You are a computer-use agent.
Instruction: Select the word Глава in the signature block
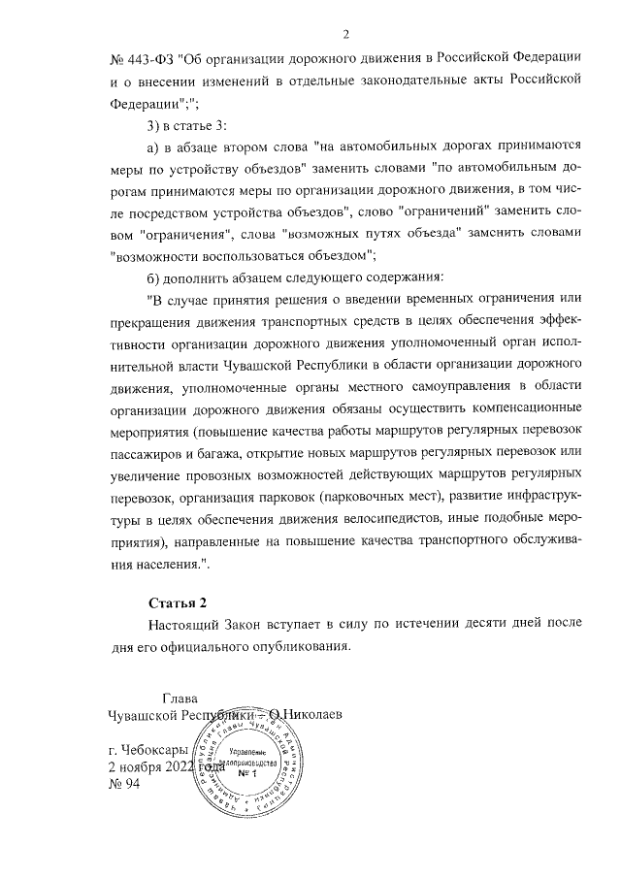(x=180, y=696)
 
